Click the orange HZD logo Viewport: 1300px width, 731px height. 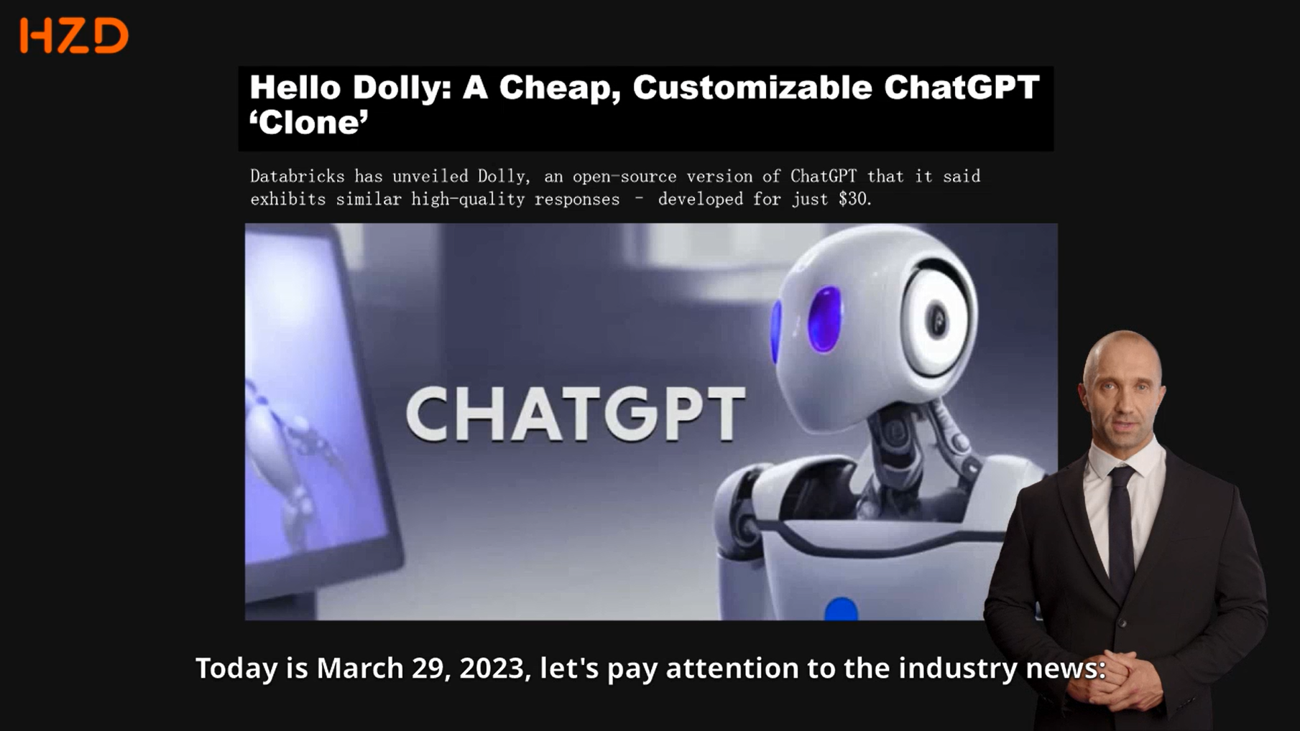coord(74,36)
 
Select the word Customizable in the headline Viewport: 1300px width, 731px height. coord(752,88)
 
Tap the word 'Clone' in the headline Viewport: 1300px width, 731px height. coord(309,123)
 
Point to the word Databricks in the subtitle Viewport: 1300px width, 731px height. coord(298,177)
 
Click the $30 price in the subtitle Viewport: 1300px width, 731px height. coord(855,199)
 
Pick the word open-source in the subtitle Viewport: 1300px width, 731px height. coord(624,177)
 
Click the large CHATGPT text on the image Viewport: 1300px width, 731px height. coord(576,414)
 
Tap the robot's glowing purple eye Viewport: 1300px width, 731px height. coord(824,320)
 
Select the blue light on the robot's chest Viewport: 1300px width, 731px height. coord(841,609)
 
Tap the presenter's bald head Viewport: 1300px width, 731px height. coord(1122,359)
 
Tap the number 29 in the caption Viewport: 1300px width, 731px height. coord(430,669)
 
